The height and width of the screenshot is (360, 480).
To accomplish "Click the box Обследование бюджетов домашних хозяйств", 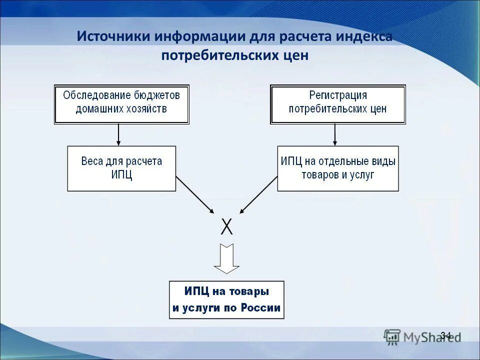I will [121, 104].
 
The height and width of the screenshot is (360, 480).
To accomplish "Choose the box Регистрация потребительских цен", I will [337, 104].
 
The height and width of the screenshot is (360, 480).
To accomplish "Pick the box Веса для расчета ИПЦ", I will [121, 168].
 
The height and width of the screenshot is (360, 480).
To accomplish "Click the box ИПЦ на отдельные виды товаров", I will [338, 168].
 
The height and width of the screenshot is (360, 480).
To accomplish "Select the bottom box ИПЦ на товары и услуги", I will [226, 299].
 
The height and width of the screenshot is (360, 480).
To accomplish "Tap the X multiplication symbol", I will [226, 227].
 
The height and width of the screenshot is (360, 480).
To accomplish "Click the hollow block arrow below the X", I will [226, 258].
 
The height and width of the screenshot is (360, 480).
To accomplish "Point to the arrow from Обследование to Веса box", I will [118, 134].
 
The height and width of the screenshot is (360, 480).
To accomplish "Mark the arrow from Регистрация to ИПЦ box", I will [335, 134].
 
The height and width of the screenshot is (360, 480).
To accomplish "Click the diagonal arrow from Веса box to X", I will [194, 195].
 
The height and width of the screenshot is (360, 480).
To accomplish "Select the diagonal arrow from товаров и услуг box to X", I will [259, 195].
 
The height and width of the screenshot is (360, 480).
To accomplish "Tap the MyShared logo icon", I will [392, 336].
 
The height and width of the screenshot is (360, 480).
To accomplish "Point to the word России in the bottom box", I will [260, 308].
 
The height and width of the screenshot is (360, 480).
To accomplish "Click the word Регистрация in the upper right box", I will [338, 95].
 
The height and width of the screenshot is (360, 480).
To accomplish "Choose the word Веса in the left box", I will [92, 161].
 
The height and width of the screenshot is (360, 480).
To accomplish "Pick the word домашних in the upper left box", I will [97, 109].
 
